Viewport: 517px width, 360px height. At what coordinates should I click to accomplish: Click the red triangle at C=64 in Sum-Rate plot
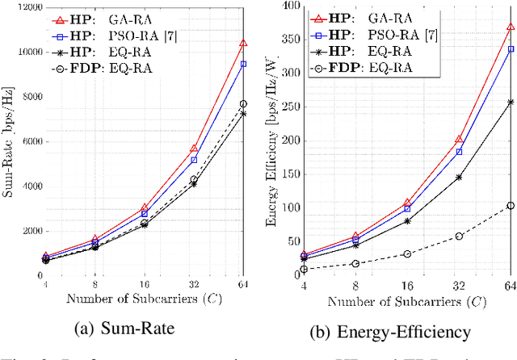coord(243,43)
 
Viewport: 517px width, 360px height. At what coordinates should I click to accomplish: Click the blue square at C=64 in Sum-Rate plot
coord(243,64)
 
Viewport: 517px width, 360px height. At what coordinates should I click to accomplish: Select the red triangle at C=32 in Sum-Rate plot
coord(194,149)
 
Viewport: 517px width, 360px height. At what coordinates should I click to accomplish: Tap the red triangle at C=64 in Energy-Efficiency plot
coord(510,27)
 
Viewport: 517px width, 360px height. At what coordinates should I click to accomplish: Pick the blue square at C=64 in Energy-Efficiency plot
coord(510,48)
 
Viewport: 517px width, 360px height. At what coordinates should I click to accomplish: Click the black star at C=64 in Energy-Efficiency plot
coord(510,102)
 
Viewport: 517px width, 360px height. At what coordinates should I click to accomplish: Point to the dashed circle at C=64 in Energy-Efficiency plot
coord(510,205)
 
